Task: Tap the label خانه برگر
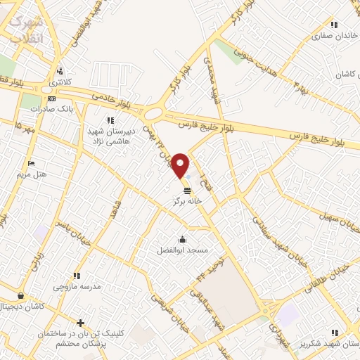(188, 200)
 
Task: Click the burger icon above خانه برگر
(186, 191)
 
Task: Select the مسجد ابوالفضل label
(182, 250)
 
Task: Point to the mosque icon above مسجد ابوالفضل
(183, 240)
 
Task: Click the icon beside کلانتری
(60, 71)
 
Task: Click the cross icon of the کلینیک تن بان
(81, 323)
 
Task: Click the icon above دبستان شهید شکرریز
(334, 331)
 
